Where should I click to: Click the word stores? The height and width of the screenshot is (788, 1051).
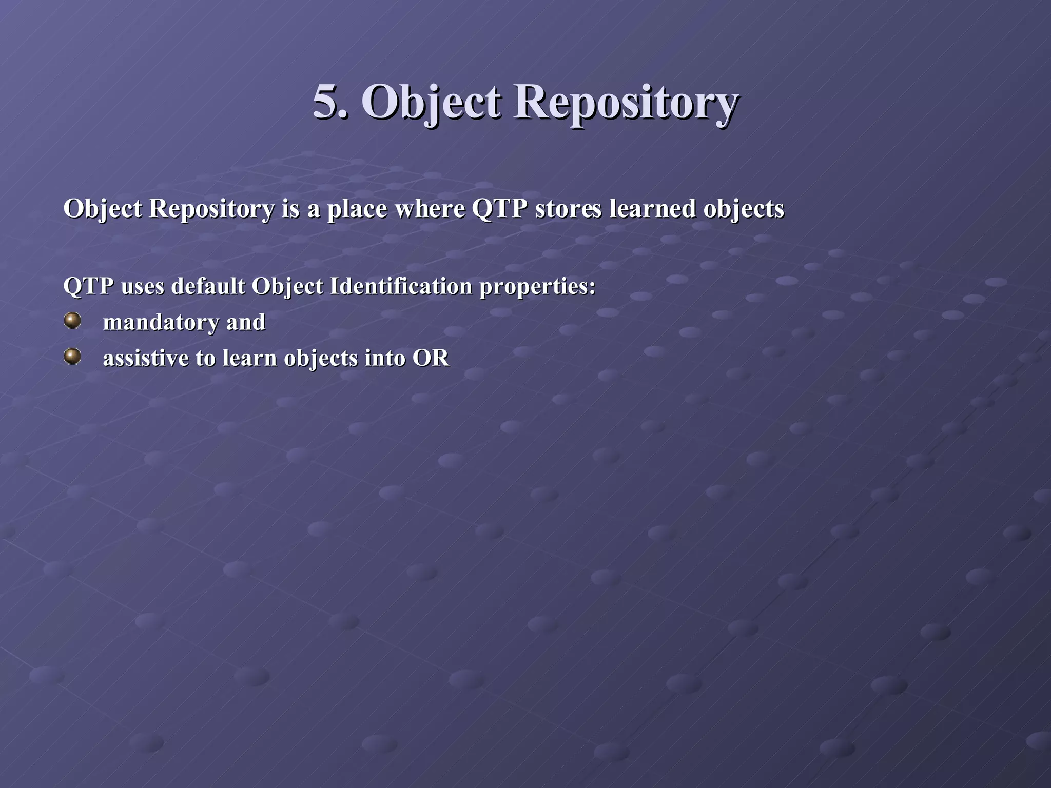click(x=568, y=209)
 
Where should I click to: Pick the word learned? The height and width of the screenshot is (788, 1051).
click(x=652, y=209)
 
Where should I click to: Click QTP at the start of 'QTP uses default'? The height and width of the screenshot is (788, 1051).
click(x=88, y=286)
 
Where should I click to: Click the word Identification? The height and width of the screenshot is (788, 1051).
click(x=400, y=286)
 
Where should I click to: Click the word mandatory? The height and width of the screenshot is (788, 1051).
click(x=161, y=323)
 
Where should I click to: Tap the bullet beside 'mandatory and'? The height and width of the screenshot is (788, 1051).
click(x=72, y=321)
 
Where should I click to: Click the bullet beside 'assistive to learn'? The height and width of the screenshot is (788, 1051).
click(x=72, y=357)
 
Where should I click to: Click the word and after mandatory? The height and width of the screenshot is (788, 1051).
click(x=246, y=323)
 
